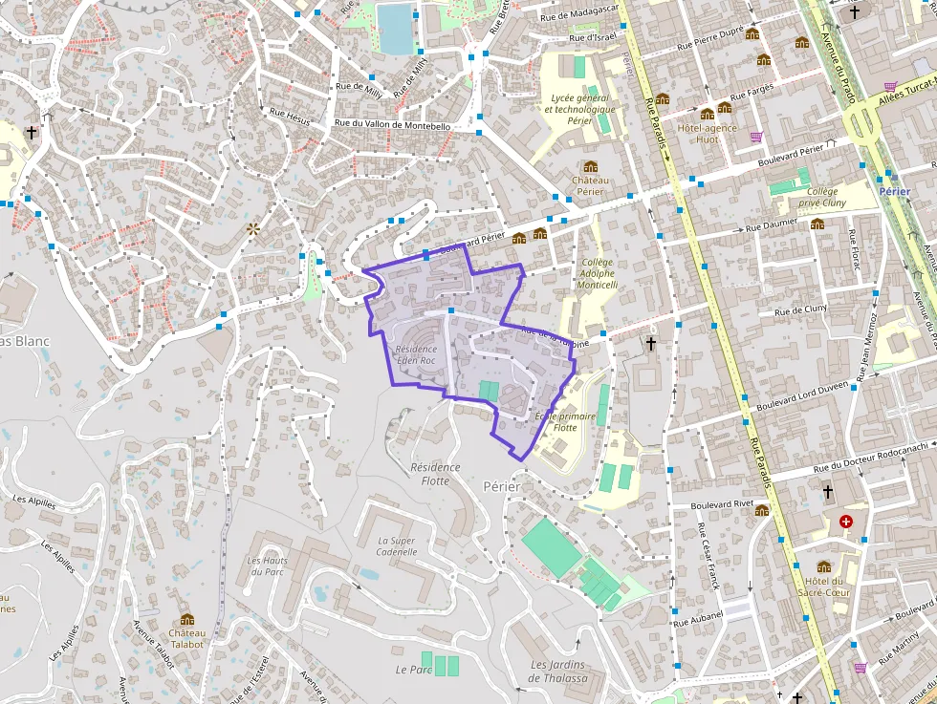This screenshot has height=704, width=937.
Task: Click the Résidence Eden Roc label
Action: coord(416,355)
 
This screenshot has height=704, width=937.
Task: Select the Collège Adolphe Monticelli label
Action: coord(599,273)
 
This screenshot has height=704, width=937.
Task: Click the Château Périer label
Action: coord(590,185)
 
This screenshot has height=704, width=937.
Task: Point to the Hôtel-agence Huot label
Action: coord(707,133)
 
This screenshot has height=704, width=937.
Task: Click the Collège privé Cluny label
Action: coord(821,197)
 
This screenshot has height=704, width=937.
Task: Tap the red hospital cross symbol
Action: coord(845,522)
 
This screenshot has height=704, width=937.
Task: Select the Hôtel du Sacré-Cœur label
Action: coord(823,587)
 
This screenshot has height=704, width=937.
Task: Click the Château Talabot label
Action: coord(186,638)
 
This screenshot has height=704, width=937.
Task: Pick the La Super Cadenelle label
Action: coord(397,545)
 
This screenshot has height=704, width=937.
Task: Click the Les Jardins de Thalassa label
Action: coord(558,672)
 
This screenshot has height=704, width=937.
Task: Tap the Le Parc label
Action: coord(414,670)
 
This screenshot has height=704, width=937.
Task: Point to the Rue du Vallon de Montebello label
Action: coord(392,125)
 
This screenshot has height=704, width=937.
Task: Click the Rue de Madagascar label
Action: coord(579,14)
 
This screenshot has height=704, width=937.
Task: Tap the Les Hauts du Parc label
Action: coord(268,565)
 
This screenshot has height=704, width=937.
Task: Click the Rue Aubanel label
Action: coord(697,622)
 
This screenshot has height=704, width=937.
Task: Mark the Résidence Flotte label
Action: coord(435,474)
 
